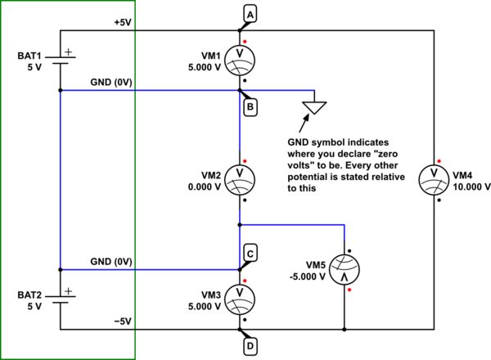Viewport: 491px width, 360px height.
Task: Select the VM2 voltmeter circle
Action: click(x=240, y=177)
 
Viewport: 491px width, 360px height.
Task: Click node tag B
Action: click(x=250, y=106)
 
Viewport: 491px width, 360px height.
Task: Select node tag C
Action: click(x=250, y=253)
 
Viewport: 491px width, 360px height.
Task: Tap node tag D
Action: click(x=250, y=345)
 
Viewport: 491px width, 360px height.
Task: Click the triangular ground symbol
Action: click(x=314, y=106)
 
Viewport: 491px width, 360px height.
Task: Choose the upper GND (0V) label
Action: click(x=114, y=83)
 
